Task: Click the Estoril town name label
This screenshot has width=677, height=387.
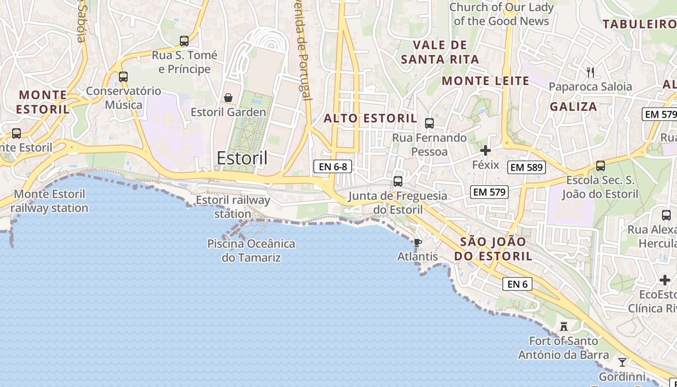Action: point(242,158)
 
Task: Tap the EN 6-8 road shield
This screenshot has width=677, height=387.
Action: point(333,167)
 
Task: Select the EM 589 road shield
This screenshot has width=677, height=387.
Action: point(527,168)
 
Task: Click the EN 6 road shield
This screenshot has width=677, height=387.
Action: point(517,284)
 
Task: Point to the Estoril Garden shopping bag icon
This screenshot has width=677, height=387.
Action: point(228,98)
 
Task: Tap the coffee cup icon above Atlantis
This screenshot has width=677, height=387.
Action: point(418,242)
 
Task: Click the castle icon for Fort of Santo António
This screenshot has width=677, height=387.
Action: point(563,327)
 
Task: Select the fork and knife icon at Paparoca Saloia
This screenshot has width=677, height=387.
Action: point(590,73)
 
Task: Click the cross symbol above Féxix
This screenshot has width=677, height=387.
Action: point(486,150)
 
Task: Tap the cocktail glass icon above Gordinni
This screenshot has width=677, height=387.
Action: point(622,362)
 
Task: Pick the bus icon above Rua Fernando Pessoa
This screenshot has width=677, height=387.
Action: point(429,123)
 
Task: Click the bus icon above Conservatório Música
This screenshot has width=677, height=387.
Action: point(123,76)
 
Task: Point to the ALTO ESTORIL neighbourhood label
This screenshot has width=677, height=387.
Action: point(370,119)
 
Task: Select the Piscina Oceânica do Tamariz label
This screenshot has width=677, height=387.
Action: point(251,250)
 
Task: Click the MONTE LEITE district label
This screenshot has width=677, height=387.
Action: point(486,81)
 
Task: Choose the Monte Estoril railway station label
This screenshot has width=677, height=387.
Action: point(50,201)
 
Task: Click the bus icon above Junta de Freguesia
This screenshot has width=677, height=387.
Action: point(398,181)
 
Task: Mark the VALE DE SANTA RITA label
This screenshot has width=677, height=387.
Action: point(440,52)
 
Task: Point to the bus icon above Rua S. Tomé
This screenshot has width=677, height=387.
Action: point(184,41)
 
